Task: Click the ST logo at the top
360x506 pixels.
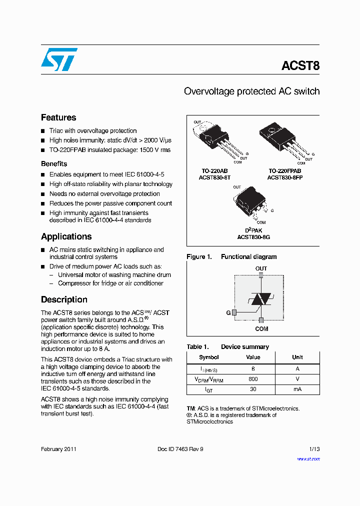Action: click(x=59, y=59)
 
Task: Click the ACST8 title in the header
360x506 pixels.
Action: click(x=300, y=66)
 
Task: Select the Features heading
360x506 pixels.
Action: click(x=58, y=117)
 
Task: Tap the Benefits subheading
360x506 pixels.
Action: click(x=54, y=163)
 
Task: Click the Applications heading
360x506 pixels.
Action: click(x=66, y=236)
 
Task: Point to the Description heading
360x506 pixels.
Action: click(x=64, y=299)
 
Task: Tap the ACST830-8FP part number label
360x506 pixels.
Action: click(x=284, y=177)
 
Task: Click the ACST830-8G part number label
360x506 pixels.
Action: click(x=253, y=237)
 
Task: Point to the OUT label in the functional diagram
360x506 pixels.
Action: click(x=261, y=268)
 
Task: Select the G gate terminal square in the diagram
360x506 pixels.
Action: click(x=233, y=312)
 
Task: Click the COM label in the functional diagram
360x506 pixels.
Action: click(x=261, y=328)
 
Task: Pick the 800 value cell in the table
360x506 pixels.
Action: click(x=253, y=379)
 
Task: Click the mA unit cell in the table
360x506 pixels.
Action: click(x=297, y=389)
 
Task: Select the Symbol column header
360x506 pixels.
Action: click(x=208, y=357)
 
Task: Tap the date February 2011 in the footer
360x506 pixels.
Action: click(x=58, y=449)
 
